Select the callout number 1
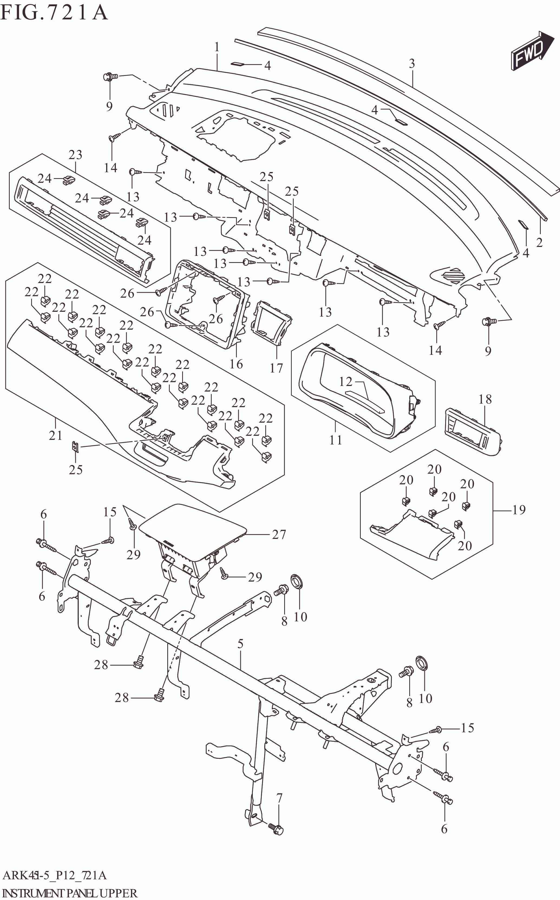point(217,47)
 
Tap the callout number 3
point(412,64)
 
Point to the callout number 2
point(539,243)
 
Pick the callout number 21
point(55,435)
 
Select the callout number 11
point(336,440)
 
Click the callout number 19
point(519,510)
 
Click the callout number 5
point(240,644)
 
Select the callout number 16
point(236,364)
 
